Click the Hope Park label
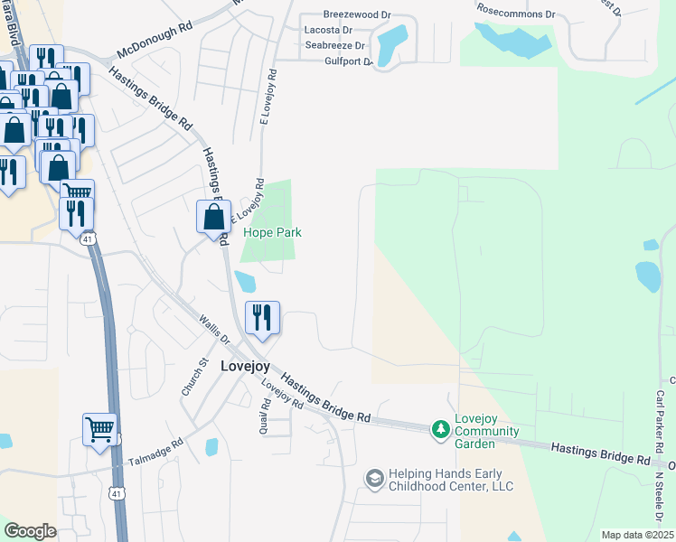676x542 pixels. pyautogui.click(x=272, y=232)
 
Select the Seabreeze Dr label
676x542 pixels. pyautogui.click(x=335, y=45)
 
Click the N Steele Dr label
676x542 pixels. pyautogui.click(x=660, y=497)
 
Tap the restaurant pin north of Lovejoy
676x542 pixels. pyautogui.click(x=262, y=318)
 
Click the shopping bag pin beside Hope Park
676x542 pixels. pyautogui.click(x=213, y=218)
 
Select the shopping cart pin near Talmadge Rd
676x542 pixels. pyautogui.click(x=99, y=429)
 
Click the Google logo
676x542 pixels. pyautogui.click(x=30, y=531)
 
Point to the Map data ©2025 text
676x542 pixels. pyautogui.click(x=637, y=535)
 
